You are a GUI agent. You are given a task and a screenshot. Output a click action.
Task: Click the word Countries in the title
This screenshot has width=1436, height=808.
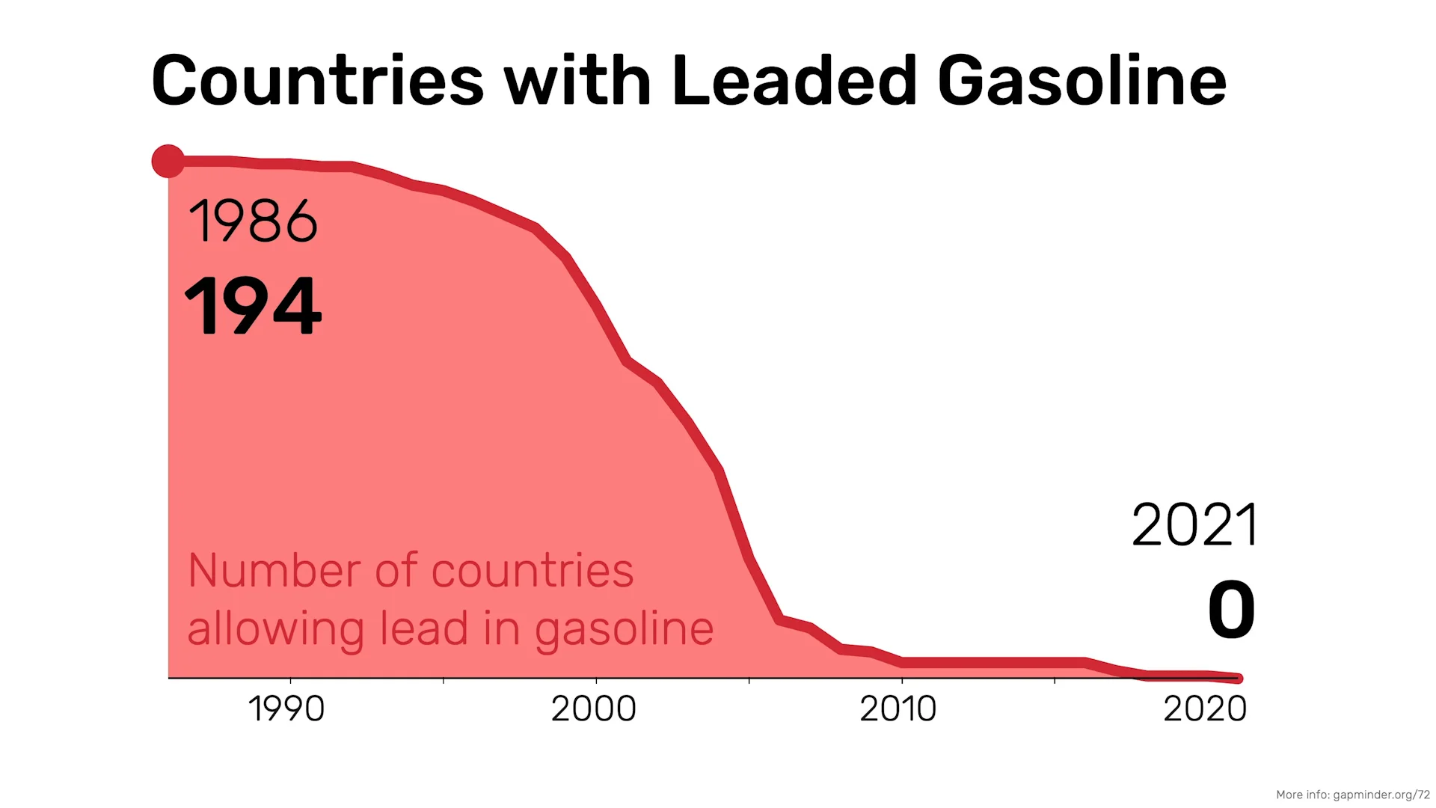coord(318,80)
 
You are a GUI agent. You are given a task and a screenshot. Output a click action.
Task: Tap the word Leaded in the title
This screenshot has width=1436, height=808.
coord(794,79)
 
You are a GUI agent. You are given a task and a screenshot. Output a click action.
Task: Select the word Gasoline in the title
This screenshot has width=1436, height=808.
coord(1082,80)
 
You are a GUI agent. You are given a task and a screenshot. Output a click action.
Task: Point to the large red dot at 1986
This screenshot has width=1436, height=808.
coord(168,161)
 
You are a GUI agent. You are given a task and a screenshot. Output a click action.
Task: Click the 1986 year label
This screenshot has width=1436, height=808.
coord(253,221)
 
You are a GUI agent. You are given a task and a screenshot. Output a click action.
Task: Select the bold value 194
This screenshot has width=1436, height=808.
coord(253,305)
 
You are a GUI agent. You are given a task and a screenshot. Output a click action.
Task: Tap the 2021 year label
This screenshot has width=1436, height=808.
coord(1194,525)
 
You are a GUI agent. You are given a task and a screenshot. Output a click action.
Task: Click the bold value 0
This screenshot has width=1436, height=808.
coord(1231,610)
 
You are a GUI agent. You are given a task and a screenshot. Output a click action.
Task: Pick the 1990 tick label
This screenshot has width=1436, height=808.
coord(286,708)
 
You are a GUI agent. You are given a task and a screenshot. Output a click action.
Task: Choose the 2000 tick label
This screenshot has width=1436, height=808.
coord(594,708)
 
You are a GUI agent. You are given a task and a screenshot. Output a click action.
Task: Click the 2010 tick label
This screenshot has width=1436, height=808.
coord(898,708)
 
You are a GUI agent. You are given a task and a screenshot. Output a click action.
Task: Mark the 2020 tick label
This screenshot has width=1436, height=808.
coord(1205,708)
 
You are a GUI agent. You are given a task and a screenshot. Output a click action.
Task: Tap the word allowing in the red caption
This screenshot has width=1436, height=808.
coord(275,630)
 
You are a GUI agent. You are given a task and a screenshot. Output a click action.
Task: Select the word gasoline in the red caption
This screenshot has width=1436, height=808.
coord(625,630)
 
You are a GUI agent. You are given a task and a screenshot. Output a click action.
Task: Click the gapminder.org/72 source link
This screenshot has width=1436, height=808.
coord(1381,795)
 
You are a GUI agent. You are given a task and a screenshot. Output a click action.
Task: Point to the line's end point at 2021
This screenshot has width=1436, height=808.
coord(1238,679)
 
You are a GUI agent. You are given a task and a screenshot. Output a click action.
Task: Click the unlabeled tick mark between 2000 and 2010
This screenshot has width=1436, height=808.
coord(749,681)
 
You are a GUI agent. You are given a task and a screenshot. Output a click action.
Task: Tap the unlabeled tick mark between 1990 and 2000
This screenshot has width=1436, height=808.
coord(444,681)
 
